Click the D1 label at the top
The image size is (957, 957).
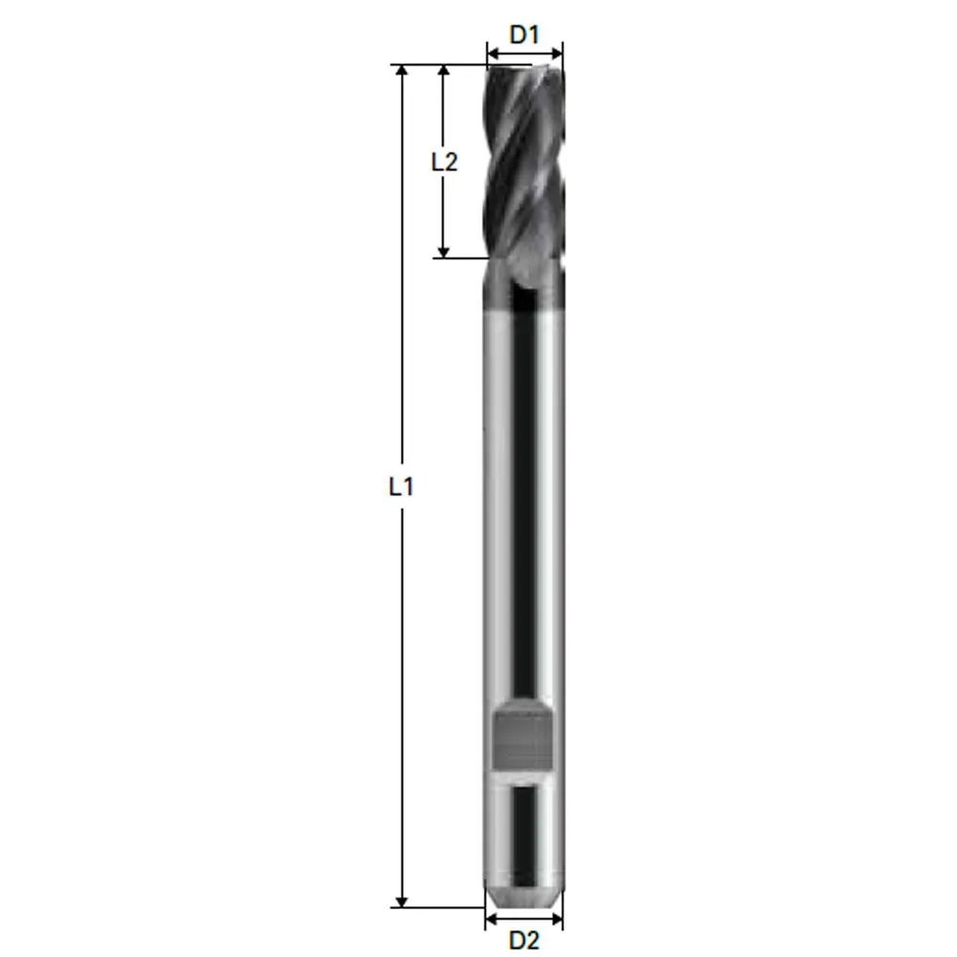pos(523,34)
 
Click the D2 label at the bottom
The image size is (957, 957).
pos(523,941)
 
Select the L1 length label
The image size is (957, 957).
pos(401,486)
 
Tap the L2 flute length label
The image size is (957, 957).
pos(443,161)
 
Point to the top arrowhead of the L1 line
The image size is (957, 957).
pos(402,72)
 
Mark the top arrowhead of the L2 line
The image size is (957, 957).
pos(443,72)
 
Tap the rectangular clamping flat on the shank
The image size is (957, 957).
pos(523,738)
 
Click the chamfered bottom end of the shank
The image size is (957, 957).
pos(523,897)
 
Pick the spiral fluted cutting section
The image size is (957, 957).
pos(523,163)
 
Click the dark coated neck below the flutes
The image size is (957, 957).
pos(523,287)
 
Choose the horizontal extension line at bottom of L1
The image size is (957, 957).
pos(440,906)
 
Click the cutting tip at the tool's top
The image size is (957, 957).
pos(523,69)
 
